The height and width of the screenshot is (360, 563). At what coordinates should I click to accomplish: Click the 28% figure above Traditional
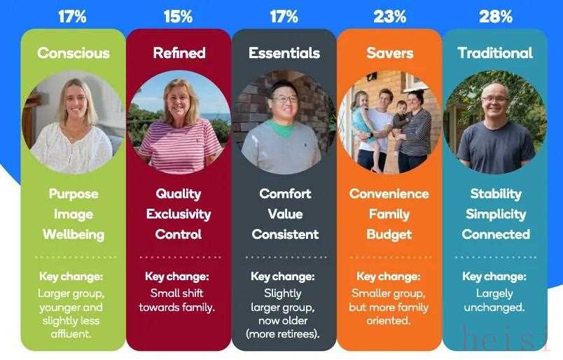(496, 17)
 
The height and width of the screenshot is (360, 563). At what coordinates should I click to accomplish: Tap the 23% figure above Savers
(389, 17)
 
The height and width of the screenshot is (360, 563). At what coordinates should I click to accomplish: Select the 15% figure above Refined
(178, 17)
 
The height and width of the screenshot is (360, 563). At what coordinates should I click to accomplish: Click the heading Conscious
(74, 53)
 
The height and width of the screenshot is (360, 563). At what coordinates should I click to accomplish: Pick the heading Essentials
(284, 53)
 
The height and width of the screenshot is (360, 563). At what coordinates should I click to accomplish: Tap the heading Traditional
(495, 53)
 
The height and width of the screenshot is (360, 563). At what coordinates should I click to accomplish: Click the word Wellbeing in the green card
(74, 235)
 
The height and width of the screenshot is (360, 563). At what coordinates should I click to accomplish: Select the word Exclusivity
(179, 214)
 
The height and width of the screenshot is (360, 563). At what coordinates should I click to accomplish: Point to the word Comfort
(285, 193)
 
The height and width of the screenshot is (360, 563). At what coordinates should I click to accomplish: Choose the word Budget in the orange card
(389, 235)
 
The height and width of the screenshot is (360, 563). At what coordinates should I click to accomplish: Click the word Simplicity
(496, 214)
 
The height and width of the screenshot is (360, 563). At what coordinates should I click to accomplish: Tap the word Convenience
(389, 194)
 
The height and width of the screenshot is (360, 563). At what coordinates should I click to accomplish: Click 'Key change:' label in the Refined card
(176, 277)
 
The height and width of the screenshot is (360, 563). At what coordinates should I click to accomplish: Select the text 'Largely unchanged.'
(494, 300)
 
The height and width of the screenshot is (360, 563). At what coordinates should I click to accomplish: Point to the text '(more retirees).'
(283, 334)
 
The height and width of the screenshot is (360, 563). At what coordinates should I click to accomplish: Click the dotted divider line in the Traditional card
(496, 257)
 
